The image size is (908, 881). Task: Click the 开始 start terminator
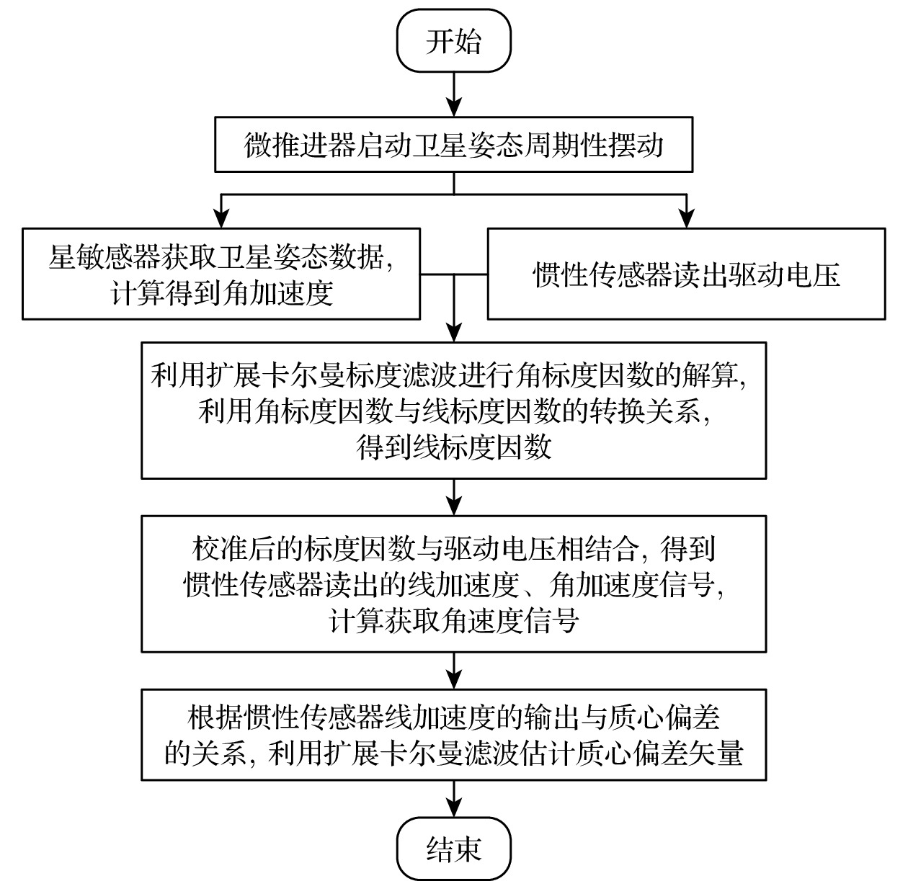[453, 41]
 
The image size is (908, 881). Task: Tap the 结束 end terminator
[453, 849]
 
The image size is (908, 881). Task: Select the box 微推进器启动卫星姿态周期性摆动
[453, 146]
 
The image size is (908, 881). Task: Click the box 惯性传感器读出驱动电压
[686, 274]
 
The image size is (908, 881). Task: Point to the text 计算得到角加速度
[221, 293]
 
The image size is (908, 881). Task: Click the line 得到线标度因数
[453, 447]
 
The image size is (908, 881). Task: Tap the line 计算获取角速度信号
[453, 620]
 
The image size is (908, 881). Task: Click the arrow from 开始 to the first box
[453, 92]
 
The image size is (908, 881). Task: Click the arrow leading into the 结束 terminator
[453, 798]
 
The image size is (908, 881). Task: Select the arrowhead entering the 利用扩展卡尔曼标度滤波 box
[453, 331]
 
